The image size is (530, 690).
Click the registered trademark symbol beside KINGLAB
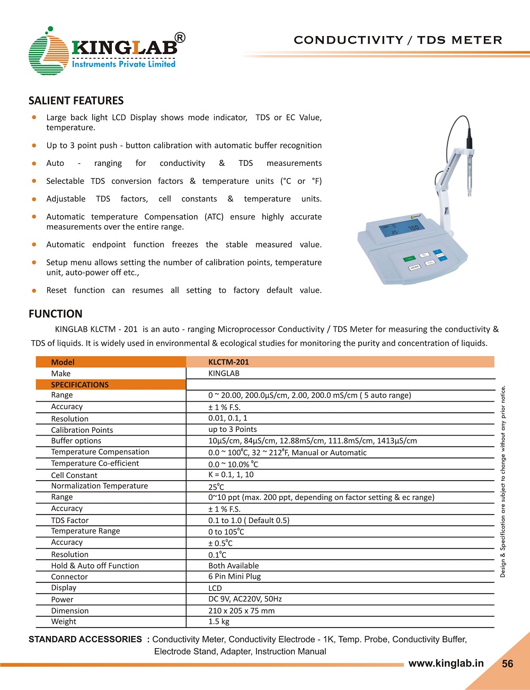click(x=180, y=38)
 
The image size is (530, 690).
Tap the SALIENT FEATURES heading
click(x=76, y=101)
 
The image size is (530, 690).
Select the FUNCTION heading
click(x=56, y=314)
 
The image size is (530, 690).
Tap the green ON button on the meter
click(x=409, y=259)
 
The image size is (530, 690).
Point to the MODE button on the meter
click(x=414, y=268)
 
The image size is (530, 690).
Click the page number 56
click(x=507, y=664)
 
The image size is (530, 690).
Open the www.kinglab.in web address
click(x=446, y=664)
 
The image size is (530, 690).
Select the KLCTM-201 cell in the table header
click(x=228, y=362)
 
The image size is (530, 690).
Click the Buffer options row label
click(x=76, y=441)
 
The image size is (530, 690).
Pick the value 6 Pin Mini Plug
click(x=234, y=576)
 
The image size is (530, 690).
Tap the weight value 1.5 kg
click(x=219, y=622)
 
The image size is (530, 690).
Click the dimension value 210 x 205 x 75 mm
click(x=241, y=611)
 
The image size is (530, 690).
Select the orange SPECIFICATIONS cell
click(x=111, y=385)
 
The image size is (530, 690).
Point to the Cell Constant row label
click(x=74, y=475)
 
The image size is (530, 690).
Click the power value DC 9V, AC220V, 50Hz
click(x=245, y=599)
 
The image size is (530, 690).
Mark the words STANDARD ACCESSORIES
click(x=85, y=639)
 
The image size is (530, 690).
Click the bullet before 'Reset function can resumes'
click(x=34, y=290)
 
